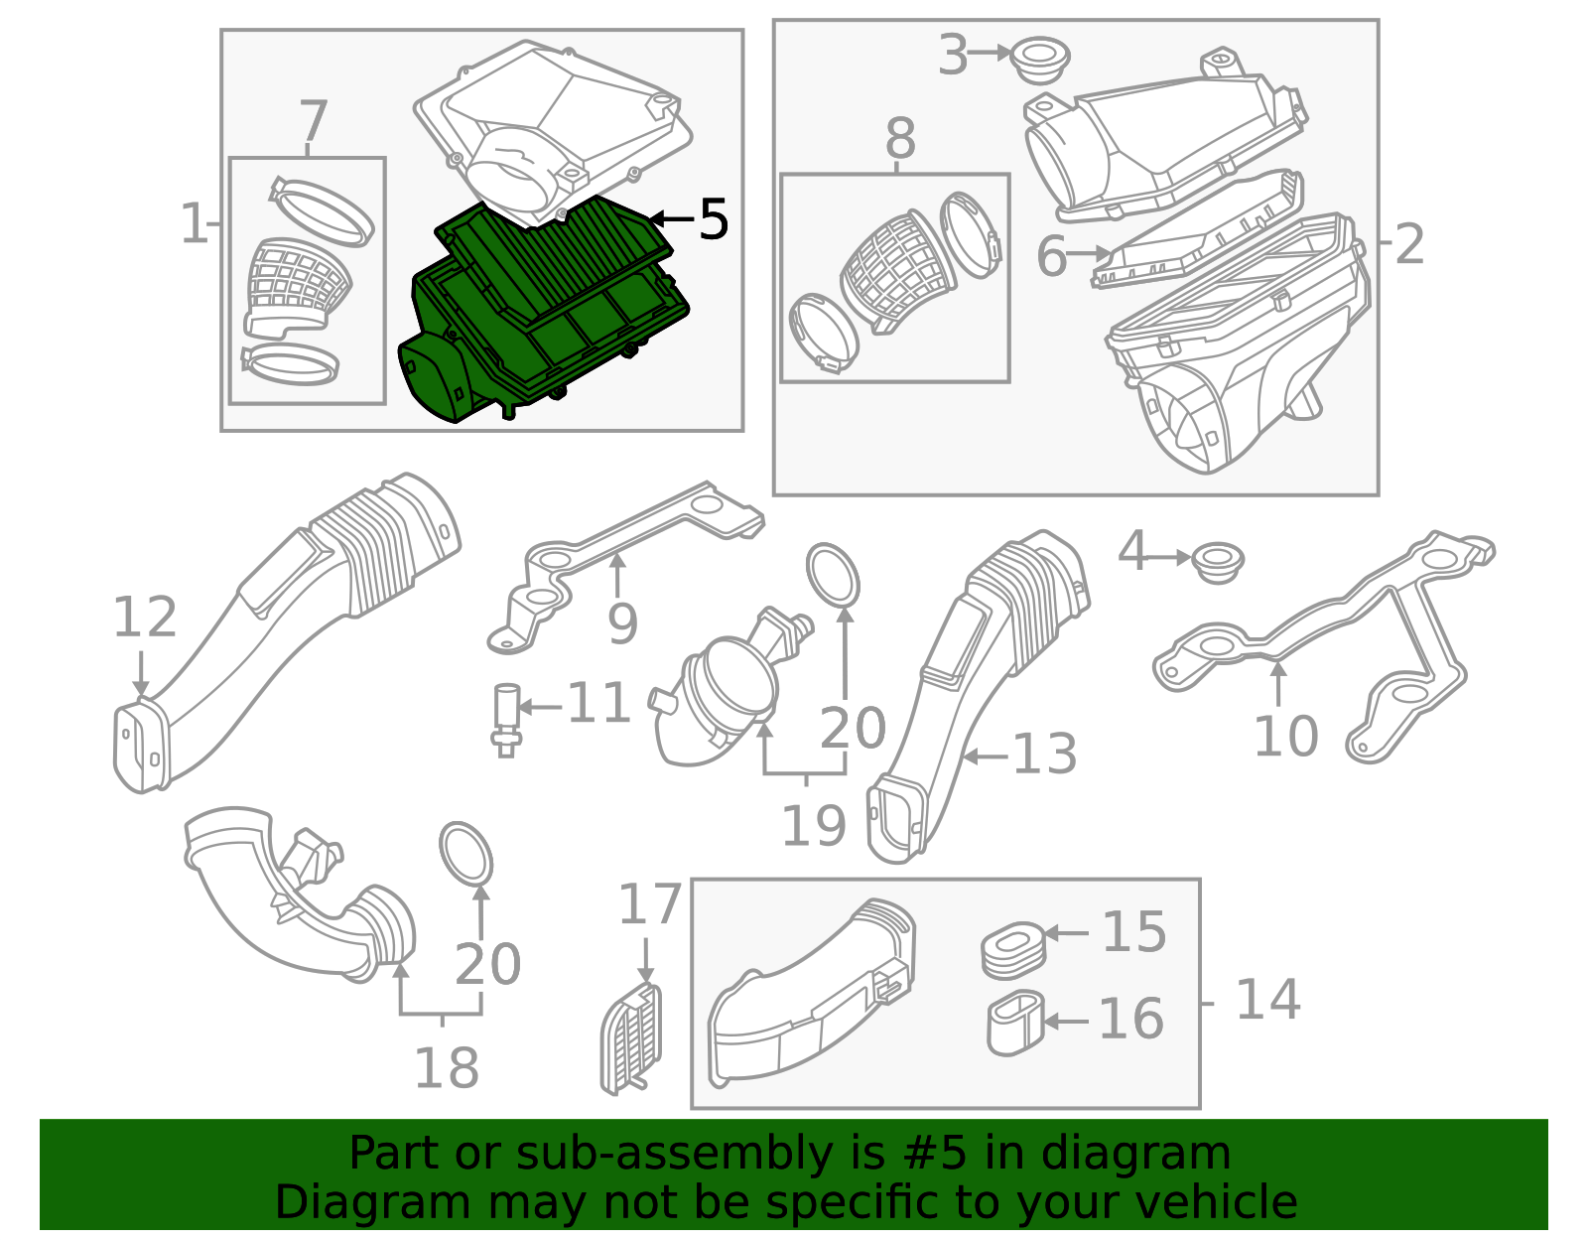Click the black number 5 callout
tap(714, 218)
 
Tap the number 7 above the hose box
tap(314, 120)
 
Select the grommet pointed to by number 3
tap(1041, 62)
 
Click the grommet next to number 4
tap(1218, 562)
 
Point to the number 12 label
tap(145, 617)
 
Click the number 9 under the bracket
tap(622, 623)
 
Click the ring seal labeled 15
tap(1013, 949)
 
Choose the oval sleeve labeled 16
tap(1015, 1023)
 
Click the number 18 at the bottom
tap(447, 1067)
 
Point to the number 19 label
tap(814, 826)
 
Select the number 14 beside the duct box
tap(1267, 999)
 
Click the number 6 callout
tap(1052, 257)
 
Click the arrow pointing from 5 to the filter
tap(672, 217)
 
